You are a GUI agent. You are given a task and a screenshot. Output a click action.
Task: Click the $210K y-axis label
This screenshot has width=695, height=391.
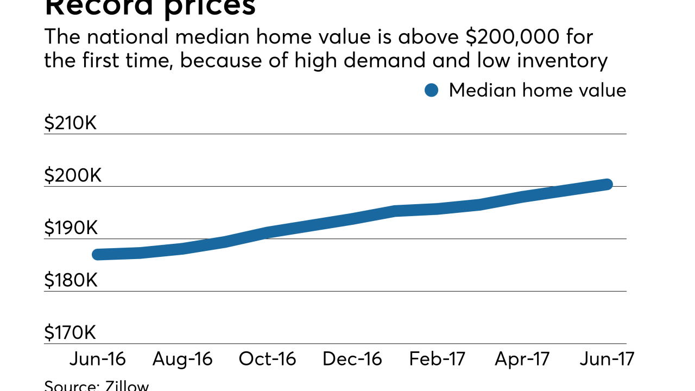[70, 123]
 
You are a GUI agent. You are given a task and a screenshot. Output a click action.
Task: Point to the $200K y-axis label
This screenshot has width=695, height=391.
[72, 176]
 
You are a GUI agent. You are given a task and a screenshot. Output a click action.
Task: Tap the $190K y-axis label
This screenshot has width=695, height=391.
[71, 228]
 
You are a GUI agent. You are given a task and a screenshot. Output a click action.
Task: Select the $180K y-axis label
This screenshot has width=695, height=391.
[71, 281]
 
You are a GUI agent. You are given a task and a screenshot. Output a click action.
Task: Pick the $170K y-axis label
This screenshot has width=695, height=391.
[70, 333]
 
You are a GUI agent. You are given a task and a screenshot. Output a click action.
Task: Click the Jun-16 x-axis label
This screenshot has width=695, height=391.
[98, 359]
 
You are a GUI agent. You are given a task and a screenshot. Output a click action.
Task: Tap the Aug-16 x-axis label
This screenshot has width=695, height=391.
[182, 359]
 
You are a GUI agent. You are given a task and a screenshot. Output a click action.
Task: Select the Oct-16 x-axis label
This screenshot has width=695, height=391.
[267, 359]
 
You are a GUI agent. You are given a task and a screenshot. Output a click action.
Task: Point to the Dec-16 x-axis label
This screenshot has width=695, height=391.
[352, 359]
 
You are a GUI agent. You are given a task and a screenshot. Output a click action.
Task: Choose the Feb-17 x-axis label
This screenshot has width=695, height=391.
[437, 359]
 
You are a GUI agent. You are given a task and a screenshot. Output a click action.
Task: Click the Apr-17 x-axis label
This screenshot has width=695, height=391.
[522, 359]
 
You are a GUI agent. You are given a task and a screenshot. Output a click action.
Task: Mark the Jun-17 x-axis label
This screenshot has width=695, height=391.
[606, 359]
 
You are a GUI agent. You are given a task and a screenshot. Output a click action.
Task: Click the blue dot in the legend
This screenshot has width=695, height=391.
[431, 90]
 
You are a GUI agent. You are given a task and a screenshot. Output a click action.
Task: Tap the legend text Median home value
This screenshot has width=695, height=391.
[537, 90]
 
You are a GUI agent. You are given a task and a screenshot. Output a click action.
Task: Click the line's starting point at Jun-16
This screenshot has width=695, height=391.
[98, 254]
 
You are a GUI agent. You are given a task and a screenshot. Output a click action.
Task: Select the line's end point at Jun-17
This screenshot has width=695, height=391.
[607, 185]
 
